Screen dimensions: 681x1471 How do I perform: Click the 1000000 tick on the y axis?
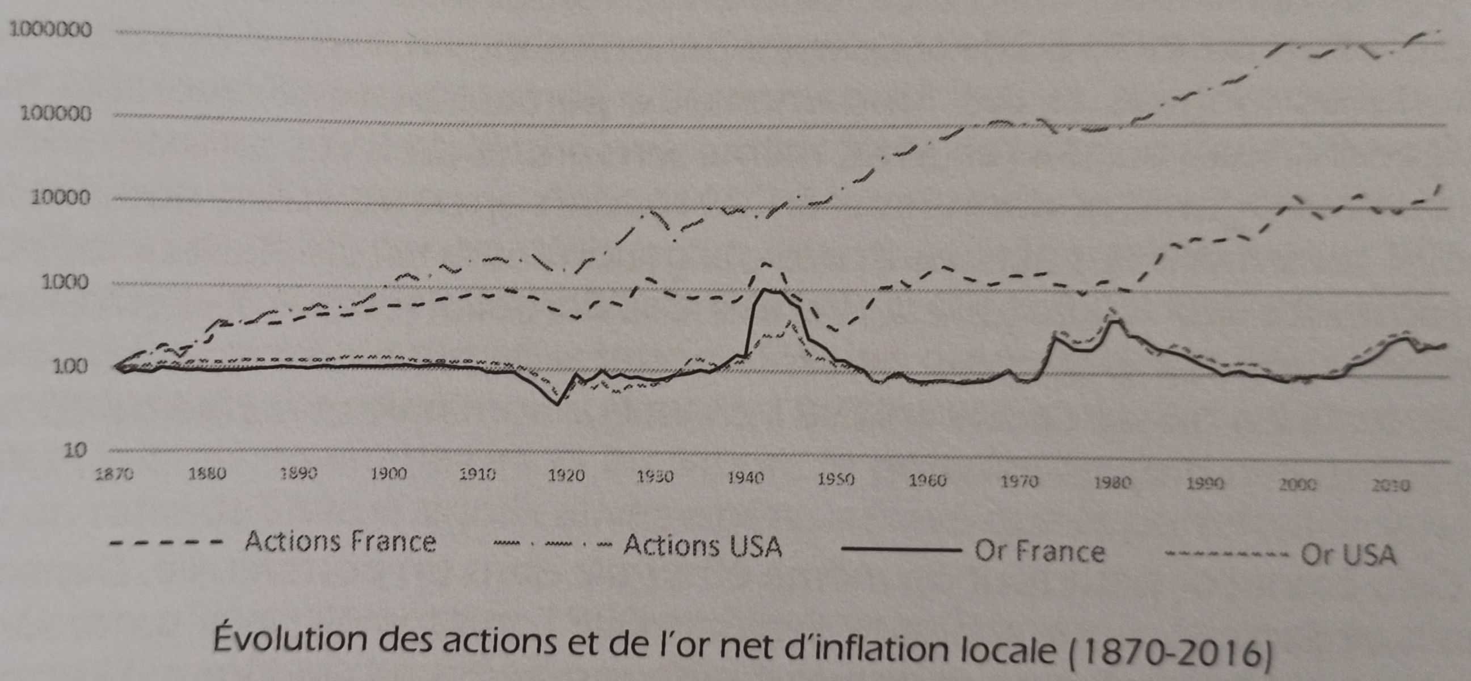[50, 30]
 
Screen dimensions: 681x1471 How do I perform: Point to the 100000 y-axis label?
[56, 114]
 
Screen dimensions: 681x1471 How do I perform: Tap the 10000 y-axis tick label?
[61, 198]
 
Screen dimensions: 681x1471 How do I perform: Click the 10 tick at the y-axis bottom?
[74, 450]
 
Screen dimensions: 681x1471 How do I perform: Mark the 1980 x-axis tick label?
[1112, 484]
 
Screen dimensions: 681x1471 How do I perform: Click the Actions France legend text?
[340, 541]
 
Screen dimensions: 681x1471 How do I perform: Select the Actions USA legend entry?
[702, 546]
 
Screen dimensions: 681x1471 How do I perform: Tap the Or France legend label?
[1039, 551]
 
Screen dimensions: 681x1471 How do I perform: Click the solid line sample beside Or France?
[902, 550]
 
